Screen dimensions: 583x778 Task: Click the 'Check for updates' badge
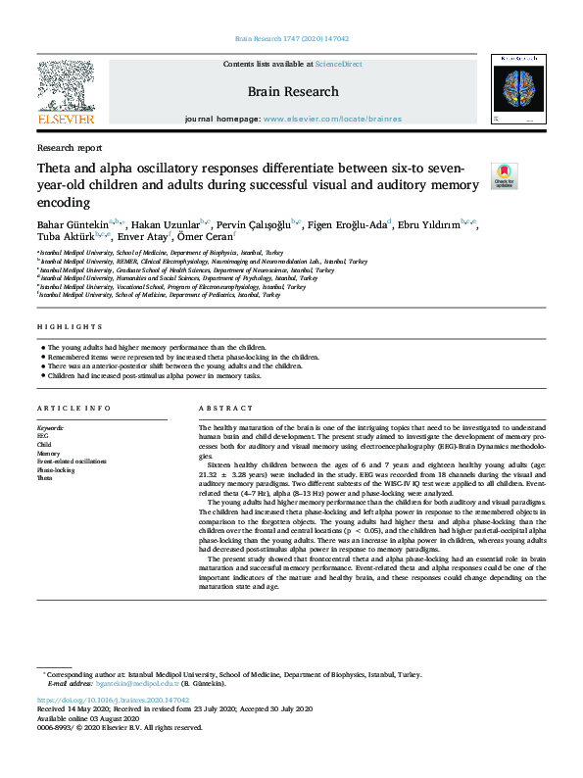coord(504,174)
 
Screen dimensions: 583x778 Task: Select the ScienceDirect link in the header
coord(338,64)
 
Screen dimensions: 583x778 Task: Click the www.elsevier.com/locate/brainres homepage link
coord(319,119)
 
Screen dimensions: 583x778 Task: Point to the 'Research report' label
coord(69,148)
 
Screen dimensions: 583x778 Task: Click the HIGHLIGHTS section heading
coord(70,326)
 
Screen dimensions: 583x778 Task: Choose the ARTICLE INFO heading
coord(72,408)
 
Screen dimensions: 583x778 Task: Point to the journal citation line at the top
coord(292,39)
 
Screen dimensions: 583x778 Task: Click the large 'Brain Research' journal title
coord(292,92)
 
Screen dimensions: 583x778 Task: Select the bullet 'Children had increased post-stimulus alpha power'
coord(152,374)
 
